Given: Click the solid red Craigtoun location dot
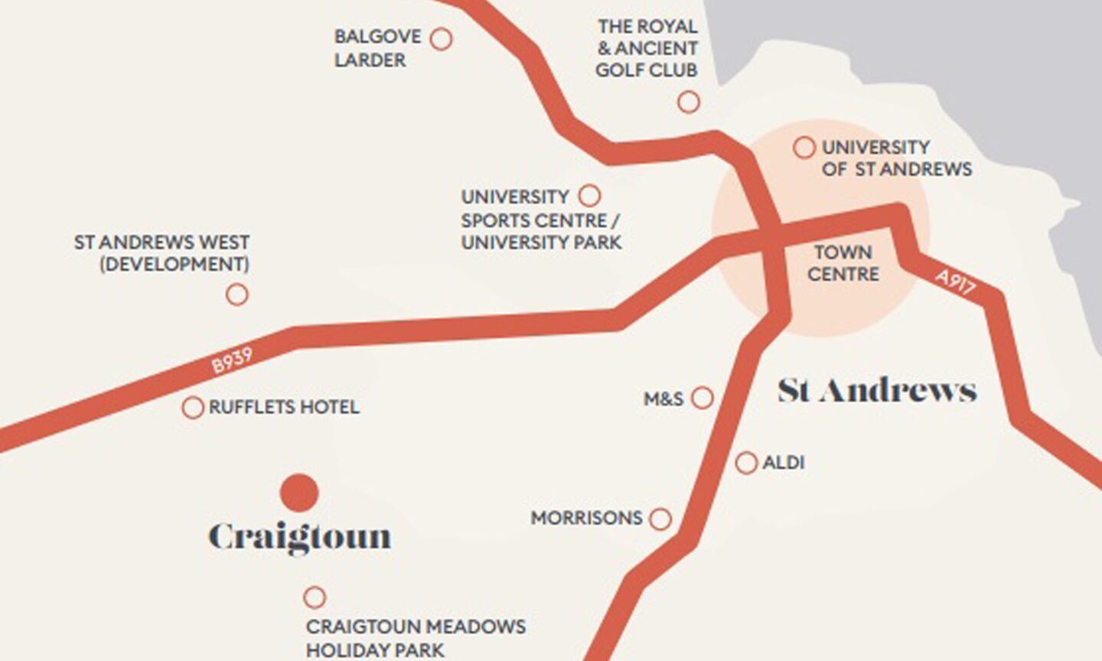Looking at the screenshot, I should coord(298,493).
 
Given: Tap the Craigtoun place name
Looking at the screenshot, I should coord(299,537).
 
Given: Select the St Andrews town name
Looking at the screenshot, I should coord(877,391).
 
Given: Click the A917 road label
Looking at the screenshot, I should coord(955,282).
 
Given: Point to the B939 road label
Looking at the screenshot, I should coord(231,360).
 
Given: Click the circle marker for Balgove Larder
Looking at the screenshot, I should coord(441,38).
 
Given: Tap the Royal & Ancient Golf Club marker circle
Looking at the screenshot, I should coord(689,102).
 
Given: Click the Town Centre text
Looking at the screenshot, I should coord(843,262).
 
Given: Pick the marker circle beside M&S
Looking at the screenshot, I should coord(702,398).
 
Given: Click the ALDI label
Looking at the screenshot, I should coord(783,463).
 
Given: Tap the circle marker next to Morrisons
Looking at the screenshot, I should coord(660,519).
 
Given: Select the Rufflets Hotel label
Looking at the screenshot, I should coord(283,407).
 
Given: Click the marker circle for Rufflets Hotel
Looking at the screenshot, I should coord(192,407).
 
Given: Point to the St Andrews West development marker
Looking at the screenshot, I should coord(237,295).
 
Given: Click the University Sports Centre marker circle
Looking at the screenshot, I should coord(589,196).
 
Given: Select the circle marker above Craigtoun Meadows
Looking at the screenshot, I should coord(314,597).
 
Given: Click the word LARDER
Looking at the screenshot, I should coord(370,60).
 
